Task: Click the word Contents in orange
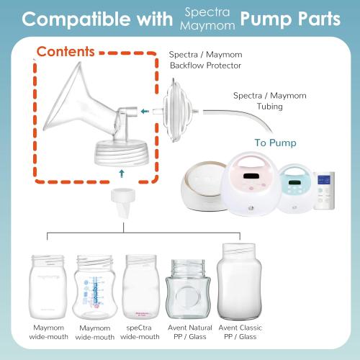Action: pos(66,52)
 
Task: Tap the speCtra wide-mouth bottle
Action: pos(141,289)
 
